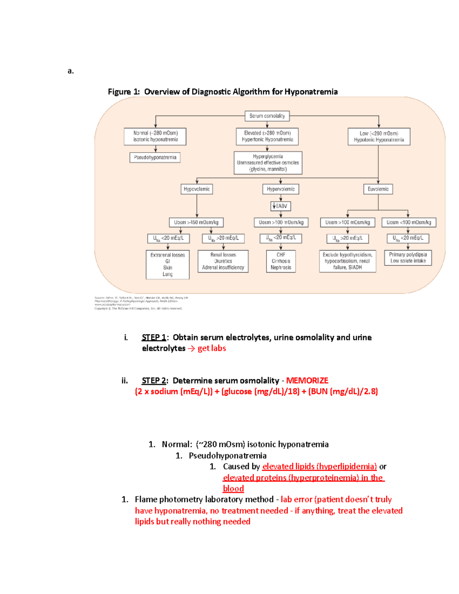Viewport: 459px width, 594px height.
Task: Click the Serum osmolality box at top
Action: pos(267,116)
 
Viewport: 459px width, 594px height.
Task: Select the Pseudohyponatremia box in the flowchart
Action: pos(155,158)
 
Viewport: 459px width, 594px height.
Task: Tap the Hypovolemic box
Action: pos(197,189)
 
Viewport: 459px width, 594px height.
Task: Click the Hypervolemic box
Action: pos(280,189)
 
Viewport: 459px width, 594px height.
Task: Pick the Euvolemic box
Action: pos(378,189)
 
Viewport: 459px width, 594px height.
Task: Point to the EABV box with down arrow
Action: pos(280,206)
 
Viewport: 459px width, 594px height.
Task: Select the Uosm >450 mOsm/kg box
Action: pos(196,222)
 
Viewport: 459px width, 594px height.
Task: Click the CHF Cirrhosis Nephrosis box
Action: pos(281,261)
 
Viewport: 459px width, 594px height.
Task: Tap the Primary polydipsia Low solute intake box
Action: pos(408,258)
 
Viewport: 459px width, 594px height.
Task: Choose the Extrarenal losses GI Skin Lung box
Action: pos(168,265)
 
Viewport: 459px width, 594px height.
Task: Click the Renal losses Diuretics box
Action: pos(223,261)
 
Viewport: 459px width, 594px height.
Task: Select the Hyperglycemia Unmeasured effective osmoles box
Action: pos(268,163)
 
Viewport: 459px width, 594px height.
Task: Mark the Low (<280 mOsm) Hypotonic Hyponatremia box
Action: pos(379,137)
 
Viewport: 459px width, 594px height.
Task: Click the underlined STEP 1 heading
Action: pos(154,337)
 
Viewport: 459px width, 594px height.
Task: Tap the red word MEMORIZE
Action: pos(307,381)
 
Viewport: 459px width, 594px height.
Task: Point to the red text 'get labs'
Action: pos(212,348)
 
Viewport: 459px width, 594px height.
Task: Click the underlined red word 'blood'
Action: pos(233,488)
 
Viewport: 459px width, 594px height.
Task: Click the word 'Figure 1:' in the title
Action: pos(124,92)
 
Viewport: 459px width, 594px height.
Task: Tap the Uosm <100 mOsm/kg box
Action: pos(409,222)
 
